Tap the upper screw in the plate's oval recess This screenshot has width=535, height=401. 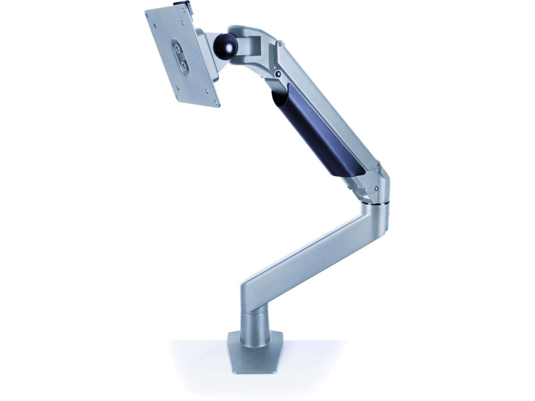tap(178, 47)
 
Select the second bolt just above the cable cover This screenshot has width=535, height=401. tap(278, 74)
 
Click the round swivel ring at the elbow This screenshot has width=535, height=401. tap(375, 204)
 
